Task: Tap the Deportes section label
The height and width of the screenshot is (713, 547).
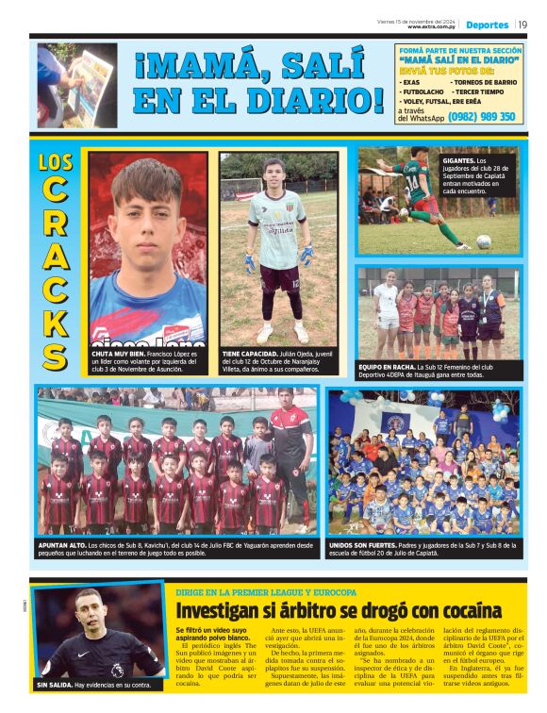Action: pos(487,25)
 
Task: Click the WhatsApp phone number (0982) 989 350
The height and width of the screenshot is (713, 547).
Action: pos(482,117)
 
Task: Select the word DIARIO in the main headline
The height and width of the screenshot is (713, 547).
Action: pos(309,100)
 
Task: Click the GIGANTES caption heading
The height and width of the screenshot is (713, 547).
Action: pos(462,161)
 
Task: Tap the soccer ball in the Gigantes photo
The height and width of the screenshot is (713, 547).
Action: pos(484,241)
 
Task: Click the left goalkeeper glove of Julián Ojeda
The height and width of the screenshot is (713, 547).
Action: pos(250,257)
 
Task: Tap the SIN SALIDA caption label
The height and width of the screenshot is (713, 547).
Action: pos(58,684)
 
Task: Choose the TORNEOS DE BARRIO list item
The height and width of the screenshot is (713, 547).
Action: pos(484,82)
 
